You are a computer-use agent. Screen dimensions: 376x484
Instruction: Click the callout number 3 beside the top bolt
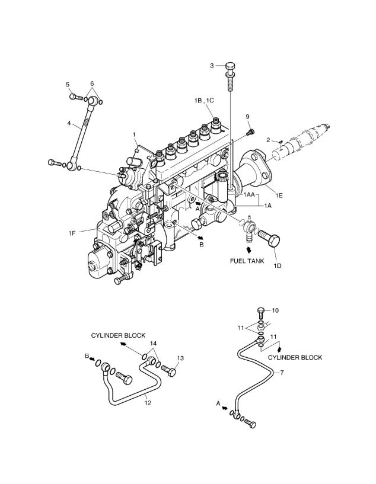click(x=212, y=66)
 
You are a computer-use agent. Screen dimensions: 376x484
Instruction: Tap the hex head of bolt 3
click(x=230, y=67)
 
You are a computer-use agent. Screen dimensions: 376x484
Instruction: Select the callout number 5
click(x=68, y=85)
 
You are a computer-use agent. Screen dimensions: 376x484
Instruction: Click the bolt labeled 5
click(x=77, y=97)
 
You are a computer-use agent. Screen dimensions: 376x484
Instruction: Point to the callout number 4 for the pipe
click(x=69, y=123)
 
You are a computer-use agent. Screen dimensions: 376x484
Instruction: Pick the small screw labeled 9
click(x=250, y=132)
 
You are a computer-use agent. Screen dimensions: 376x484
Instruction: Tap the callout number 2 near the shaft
click(x=268, y=140)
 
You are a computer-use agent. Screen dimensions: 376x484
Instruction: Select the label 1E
click(x=279, y=195)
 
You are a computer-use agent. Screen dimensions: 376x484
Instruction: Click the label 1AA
click(x=249, y=195)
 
